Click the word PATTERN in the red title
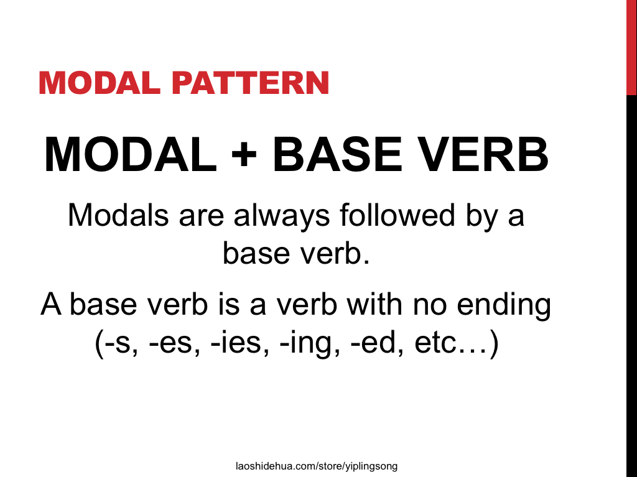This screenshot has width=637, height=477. pos(250,83)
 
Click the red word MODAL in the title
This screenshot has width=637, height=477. pos(100,83)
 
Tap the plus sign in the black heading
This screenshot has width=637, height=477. pos(244,154)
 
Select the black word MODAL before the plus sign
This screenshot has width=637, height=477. pos(131,154)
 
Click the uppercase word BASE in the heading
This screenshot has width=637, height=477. pos(337,154)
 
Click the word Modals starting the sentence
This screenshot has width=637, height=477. pos(118,215)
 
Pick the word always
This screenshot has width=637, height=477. pos(282,216)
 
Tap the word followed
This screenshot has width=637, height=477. pos(398,215)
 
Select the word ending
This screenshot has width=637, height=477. pos(504,305)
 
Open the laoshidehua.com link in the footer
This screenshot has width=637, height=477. pos(317,466)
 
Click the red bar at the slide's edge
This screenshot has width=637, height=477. pos(631,47)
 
